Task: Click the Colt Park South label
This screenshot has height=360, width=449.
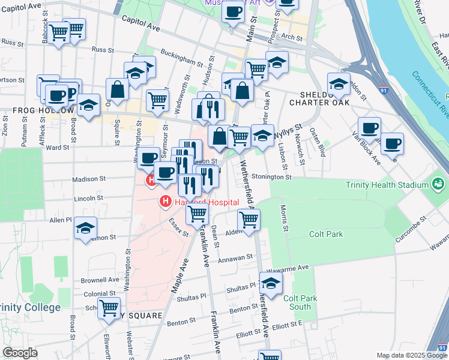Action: point(297,302)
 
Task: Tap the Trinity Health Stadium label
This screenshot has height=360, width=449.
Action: point(385,185)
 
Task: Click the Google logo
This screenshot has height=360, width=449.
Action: point(20,353)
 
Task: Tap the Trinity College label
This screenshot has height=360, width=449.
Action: point(30,308)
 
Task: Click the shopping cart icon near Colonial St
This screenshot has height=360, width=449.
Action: point(109,308)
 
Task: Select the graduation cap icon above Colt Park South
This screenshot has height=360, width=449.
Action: point(271,284)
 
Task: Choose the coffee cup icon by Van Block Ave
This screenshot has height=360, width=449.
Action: point(392,143)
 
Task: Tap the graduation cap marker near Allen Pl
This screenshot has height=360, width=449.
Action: point(86,228)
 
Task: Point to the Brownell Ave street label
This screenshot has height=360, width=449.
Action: point(100,280)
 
